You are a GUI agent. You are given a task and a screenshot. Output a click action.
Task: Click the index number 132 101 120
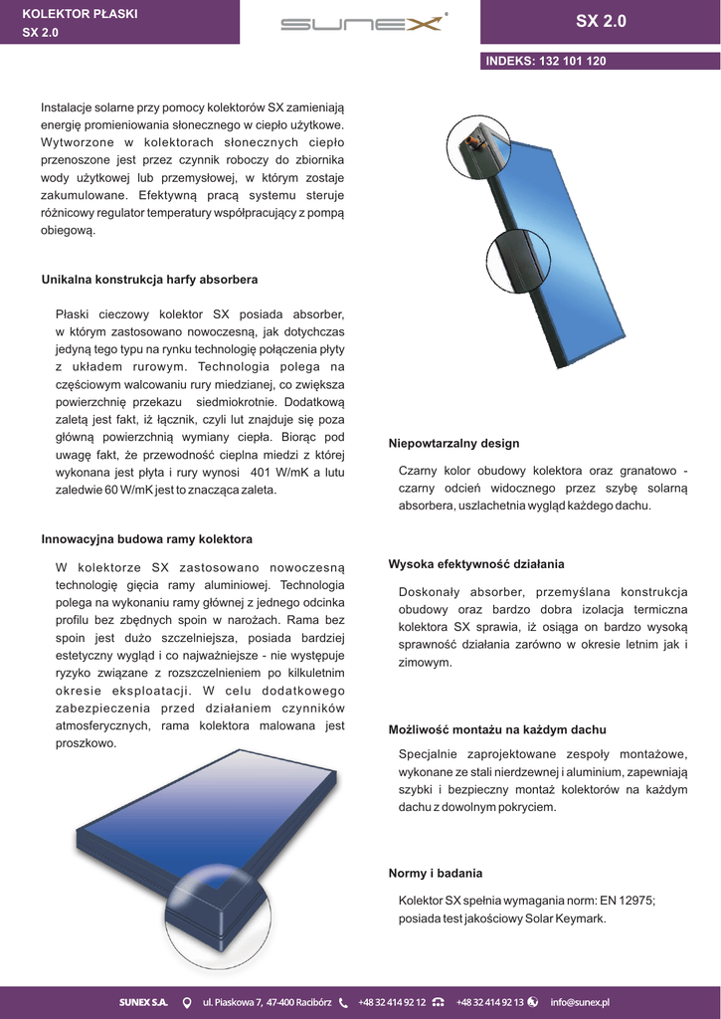click(572, 61)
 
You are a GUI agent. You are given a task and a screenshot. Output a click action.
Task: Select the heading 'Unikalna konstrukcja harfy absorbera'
click(149, 280)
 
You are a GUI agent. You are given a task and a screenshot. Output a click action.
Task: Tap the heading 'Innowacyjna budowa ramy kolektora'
click(146, 538)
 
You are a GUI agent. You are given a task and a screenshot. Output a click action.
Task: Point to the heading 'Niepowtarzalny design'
click(453, 443)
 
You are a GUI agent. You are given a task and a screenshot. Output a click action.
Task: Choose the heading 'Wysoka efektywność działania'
click(475, 563)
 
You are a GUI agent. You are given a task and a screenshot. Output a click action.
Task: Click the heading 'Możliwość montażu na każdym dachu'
click(496, 729)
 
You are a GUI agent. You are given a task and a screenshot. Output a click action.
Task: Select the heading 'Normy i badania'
click(435, 873)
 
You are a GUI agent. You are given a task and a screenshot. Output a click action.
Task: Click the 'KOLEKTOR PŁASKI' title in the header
click(80, 15)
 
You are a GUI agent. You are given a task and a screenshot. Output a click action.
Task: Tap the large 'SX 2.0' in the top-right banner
click(601, 22)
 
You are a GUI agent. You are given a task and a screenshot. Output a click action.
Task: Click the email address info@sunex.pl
click(580, 1002)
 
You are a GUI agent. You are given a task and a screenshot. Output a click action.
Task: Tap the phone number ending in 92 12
click(392, 1002)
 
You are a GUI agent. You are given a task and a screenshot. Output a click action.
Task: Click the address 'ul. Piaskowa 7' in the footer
click(233, 1002)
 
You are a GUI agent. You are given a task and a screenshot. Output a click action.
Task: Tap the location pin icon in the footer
click(186, 1002)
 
